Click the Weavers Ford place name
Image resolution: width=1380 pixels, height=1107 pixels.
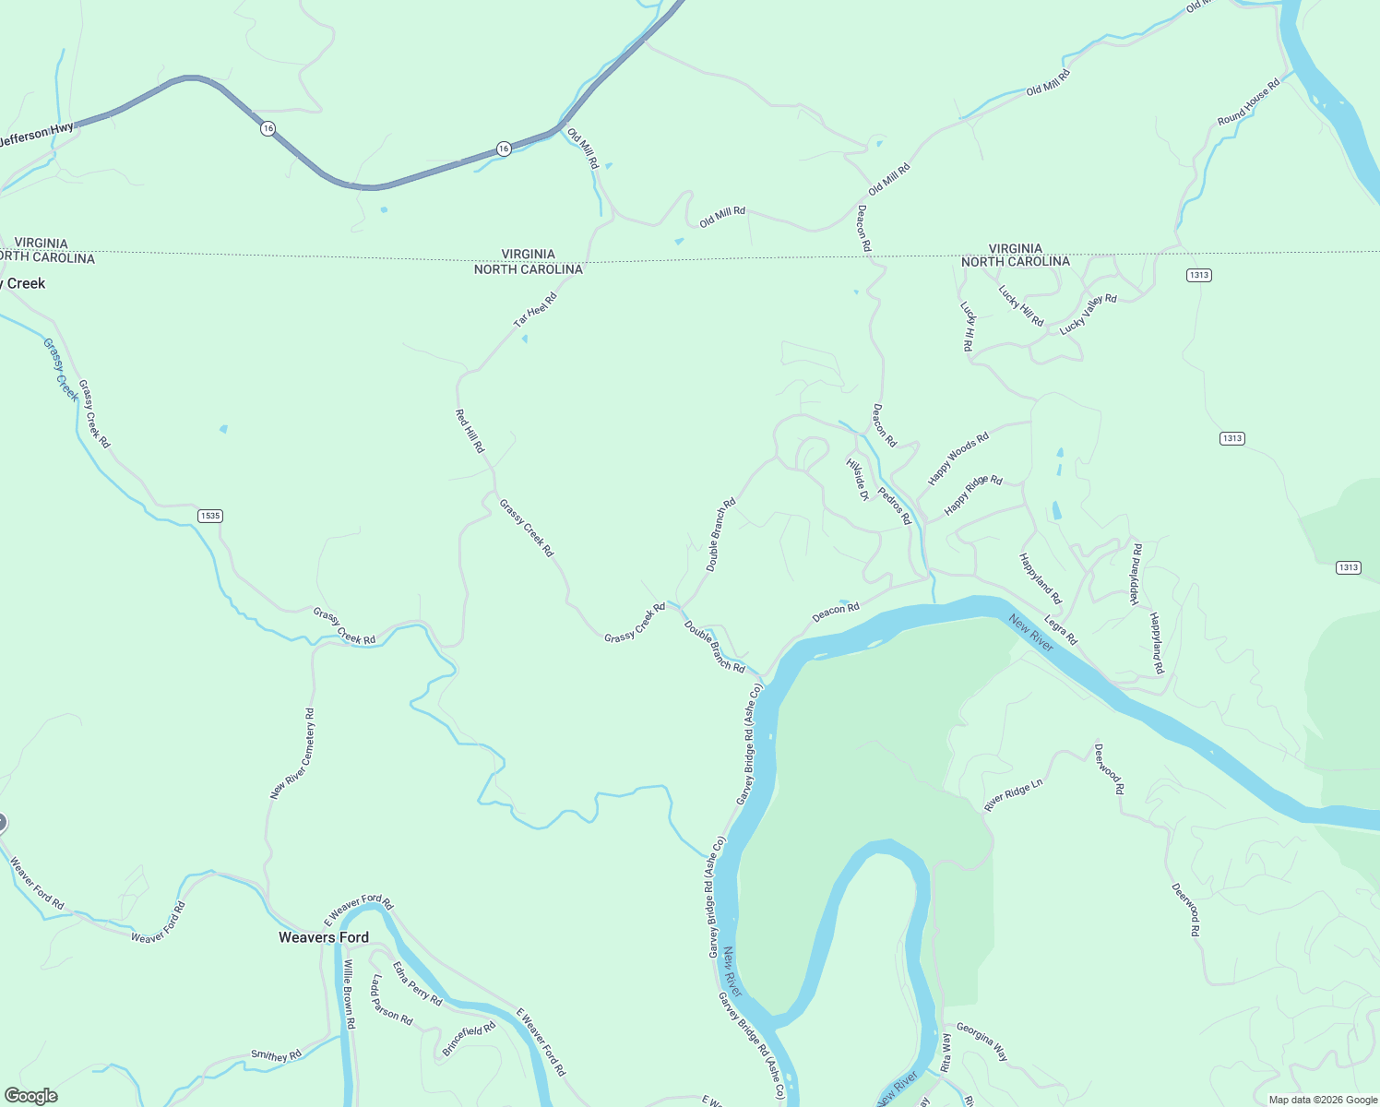coord(324,937)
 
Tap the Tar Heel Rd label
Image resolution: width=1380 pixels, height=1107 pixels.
coord(535,310)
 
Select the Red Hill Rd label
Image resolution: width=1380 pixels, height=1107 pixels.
coord(470,431)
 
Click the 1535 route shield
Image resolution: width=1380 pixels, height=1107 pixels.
coord(210,516)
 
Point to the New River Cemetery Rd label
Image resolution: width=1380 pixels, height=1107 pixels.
coord(292,754)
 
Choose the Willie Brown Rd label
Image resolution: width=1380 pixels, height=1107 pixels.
coord(349,994)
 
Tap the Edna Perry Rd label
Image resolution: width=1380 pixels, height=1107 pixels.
coord(417,983)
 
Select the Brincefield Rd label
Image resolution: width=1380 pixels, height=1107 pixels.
coord(469,1038)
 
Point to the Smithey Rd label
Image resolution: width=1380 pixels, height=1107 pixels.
coord(276,1055)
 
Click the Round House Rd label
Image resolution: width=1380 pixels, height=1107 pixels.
coord(1248,102)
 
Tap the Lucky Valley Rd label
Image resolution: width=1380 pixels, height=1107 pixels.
coord(1088,315)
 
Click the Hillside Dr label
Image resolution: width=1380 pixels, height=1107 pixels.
coord(858,479)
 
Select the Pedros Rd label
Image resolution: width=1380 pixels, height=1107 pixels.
coord(894,506)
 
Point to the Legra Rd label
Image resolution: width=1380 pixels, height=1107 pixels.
coord(1060,630)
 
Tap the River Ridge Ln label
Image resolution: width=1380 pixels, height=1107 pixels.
coord(1013,795)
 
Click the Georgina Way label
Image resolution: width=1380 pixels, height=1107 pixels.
coord(981,1042)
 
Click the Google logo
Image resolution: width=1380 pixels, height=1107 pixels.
coord(31,1096)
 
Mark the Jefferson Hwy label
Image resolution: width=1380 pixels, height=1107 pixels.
coord(36,135)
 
